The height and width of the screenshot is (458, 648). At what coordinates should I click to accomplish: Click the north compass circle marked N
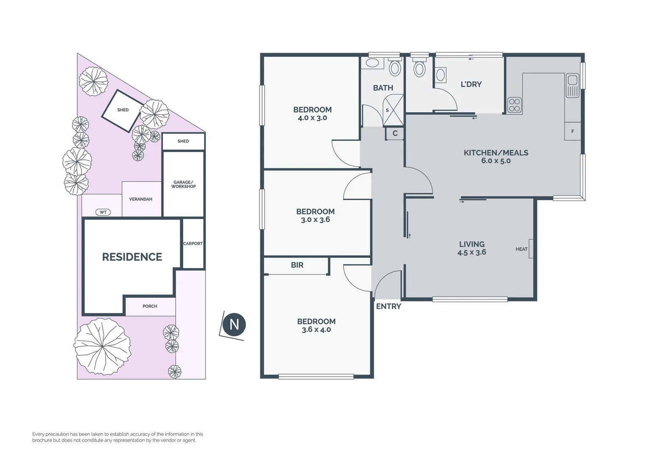[234, 325]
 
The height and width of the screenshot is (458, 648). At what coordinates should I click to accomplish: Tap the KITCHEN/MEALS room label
[496, 153]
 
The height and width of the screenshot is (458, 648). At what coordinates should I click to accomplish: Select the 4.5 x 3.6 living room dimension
[472, 252]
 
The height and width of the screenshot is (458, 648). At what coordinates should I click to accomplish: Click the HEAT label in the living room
[521, 249]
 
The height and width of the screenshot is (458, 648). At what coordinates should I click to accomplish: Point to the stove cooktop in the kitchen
[514, 105]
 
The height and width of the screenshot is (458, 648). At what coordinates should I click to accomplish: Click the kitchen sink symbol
[572, 85]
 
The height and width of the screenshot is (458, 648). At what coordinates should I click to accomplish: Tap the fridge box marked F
[573, 131]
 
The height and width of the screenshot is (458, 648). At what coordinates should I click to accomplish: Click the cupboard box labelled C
[395, 134]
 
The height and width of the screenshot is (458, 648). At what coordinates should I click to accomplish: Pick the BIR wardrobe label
[297, 265]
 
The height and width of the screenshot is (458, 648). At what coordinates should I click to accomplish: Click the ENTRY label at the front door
[388, 306]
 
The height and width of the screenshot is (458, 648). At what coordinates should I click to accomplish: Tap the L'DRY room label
[471, 84]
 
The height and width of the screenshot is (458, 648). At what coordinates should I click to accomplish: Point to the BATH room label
[383, 88]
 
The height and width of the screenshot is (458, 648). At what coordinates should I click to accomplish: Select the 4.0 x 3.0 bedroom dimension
[312, 118]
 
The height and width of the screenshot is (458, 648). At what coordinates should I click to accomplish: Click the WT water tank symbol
[103, 212]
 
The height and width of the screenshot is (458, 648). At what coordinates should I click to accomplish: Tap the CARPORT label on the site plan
[193, 243]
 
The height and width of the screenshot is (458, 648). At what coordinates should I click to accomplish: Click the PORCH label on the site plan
[150, 306]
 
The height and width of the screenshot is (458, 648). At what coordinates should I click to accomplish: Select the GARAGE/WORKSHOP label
[184, 184]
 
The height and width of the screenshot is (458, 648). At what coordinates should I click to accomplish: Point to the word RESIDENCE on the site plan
[132, 257]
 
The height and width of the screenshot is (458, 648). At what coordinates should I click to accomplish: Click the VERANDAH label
[140, 199]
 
